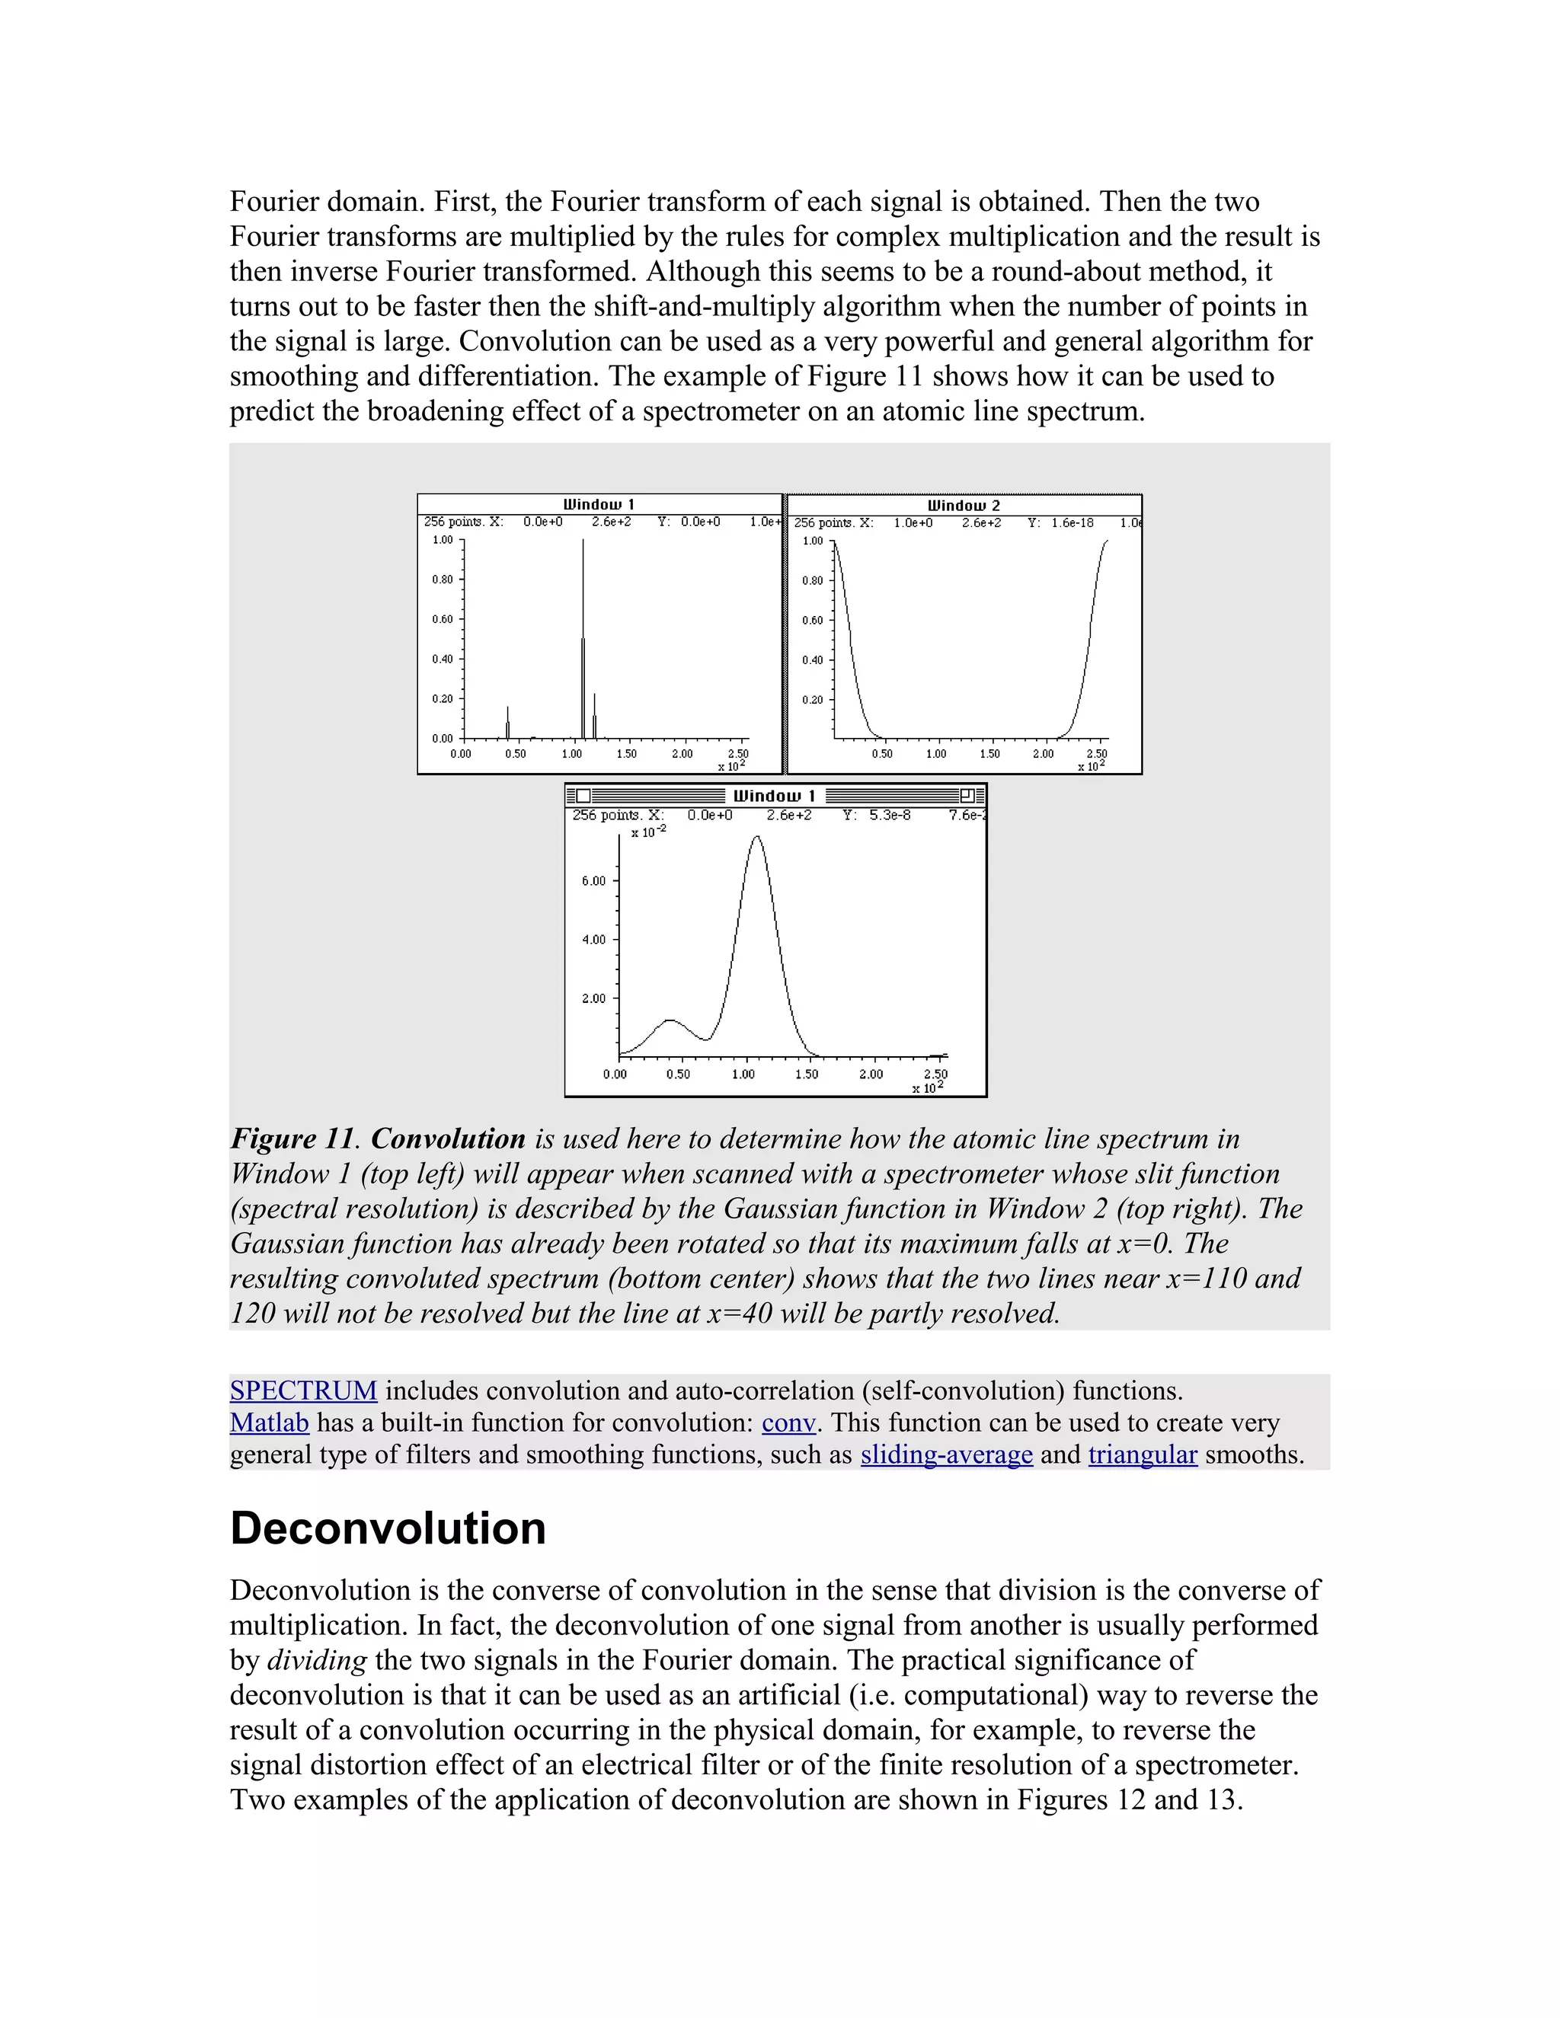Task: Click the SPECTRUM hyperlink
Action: click(303, 1391)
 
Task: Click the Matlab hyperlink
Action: click(269, 1423)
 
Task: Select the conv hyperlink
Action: click(788, 1423)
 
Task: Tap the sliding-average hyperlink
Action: click(946, 1455)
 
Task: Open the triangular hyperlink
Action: click(1143, 1455)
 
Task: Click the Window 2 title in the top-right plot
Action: click(963, 506)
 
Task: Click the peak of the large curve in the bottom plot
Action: click(757, 839)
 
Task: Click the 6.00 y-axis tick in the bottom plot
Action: click(594, 880)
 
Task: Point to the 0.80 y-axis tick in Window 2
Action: click(812, 581)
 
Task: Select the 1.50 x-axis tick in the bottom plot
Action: click(807, 1074)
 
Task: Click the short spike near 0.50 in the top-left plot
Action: click(507, 720)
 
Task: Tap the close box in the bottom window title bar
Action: click(583, 796)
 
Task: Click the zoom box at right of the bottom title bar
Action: click(967, 796)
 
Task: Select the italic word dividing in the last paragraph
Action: click(317, 1660)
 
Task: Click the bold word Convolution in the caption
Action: click(448, 1139)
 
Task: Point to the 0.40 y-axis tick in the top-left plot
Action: click(443, 659)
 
